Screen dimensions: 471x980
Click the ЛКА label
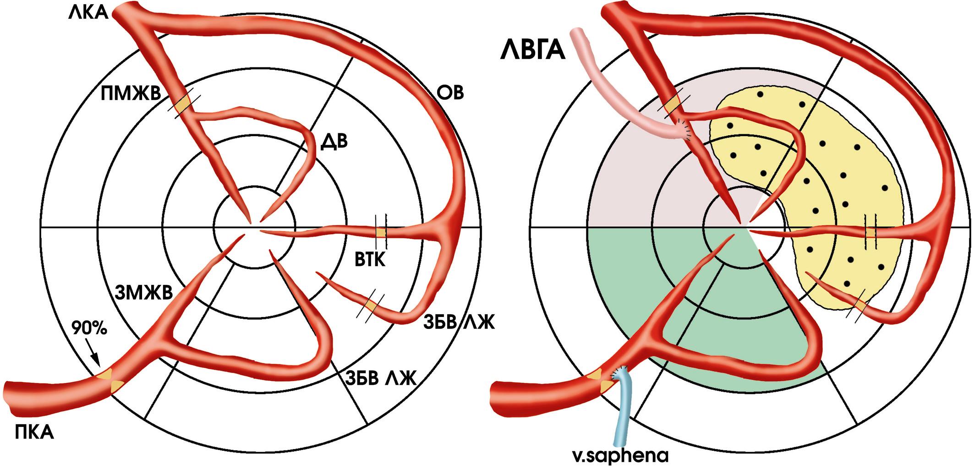click(88, 12)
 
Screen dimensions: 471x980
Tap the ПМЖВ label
click(130, 94)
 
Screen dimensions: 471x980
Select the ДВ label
click(334, 141)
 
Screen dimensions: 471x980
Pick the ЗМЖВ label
click(142, 291)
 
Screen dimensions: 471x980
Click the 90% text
click(90, 329)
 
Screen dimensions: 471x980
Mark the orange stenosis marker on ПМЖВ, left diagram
click(183, 105)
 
